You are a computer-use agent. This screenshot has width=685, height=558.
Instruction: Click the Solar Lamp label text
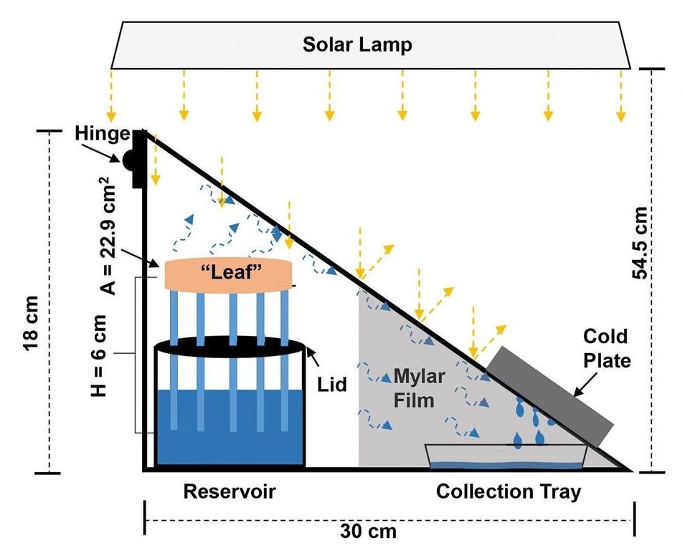coord(356,44)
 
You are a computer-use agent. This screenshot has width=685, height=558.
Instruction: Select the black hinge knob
coord(131,161)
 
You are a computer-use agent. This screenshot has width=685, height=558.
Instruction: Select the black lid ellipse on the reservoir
coord(230,345)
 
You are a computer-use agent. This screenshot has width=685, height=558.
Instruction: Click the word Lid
coord(332,385)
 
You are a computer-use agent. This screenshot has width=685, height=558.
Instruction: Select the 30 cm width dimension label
coord(368,531)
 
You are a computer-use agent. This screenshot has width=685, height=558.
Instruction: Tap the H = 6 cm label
coord(101,355)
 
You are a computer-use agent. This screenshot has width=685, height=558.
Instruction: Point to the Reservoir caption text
coord(229,492)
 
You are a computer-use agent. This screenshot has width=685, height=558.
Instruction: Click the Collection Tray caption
coord(509,492)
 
